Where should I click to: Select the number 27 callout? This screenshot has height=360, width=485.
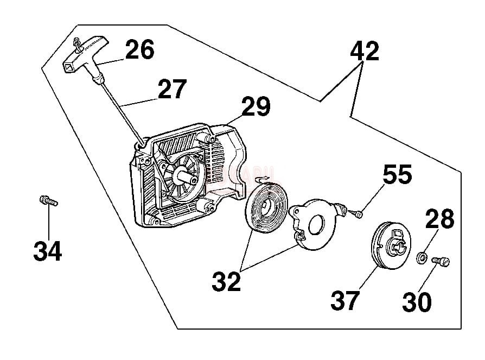(x=172, y=90)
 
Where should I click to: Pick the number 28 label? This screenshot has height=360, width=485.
(x=439, y=220)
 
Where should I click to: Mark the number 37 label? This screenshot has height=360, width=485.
(x=345, y=300)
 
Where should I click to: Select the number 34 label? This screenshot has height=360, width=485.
(x=47, y=251)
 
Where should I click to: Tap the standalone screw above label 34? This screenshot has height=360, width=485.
(x=48, y=201)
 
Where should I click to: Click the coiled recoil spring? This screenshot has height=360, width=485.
(x=266, y=210)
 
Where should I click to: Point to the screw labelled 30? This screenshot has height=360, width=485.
(x=441, y=262)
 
